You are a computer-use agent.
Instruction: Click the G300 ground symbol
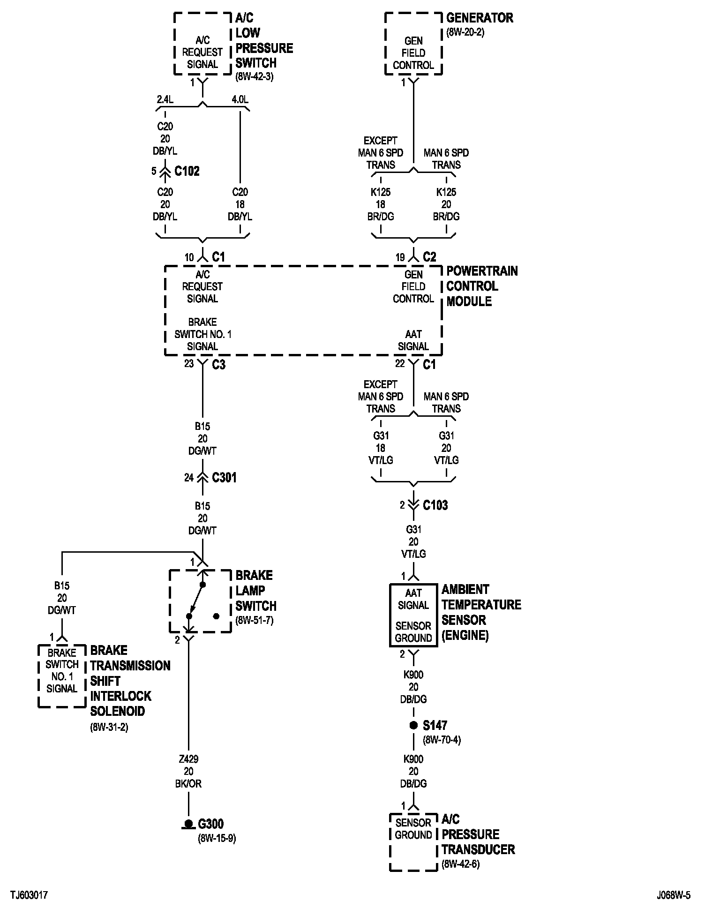[188, 824]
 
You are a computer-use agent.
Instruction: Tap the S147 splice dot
[413, 725]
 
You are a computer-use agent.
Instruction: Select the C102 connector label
[187, 171]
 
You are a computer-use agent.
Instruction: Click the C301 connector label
[224, 478]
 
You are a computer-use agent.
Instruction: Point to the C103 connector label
[435, 505]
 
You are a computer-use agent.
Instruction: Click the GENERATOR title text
[480, 18]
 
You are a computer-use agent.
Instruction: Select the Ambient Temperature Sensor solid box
[413, 615]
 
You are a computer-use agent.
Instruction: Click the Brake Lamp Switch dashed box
[200, 601]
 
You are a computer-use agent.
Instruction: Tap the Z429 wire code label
[188, 759]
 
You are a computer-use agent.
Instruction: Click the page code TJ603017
[29, 895]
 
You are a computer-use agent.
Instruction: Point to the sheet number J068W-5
[674, 895]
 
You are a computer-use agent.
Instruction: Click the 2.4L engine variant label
[165, 99]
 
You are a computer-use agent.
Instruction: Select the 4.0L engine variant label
[240, 99]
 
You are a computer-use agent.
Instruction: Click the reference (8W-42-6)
[460, 864]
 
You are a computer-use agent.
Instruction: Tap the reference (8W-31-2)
[109, 727]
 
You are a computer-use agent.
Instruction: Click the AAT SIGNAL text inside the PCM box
[413, 340]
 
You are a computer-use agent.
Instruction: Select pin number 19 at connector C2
[400, 257]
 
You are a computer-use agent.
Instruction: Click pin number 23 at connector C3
[189, 363]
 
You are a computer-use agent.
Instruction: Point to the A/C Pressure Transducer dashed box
[413, 842]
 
